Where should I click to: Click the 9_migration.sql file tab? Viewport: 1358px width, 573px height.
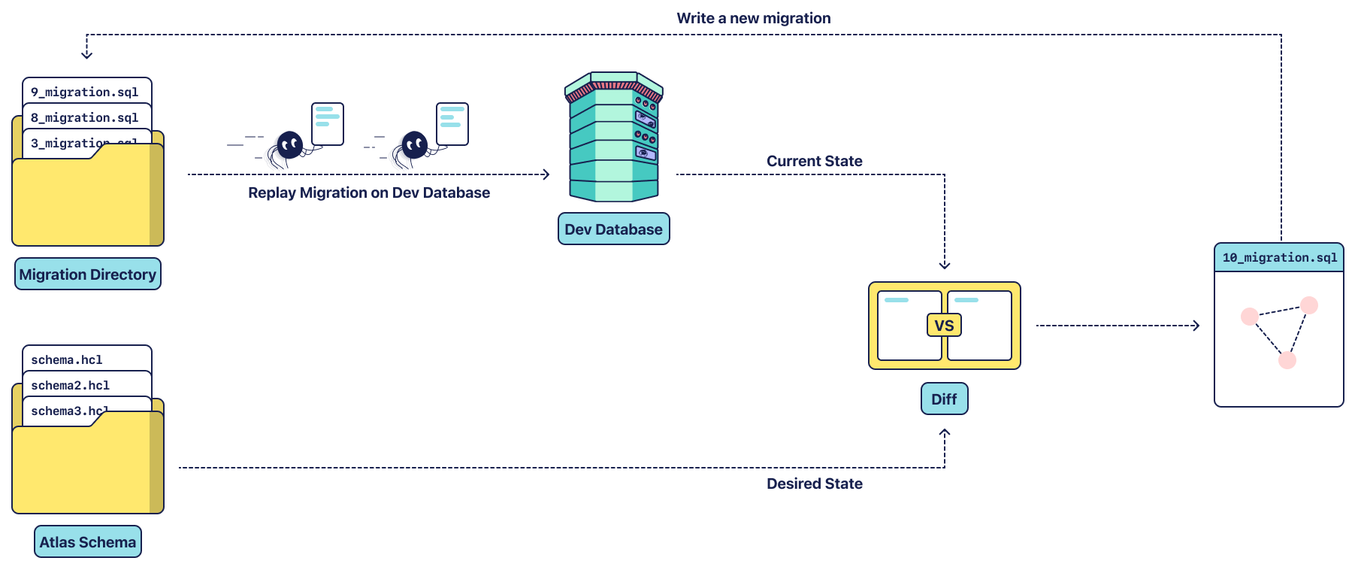pyautogui.click(x=85, y=92)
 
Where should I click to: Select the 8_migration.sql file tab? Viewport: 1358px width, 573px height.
pyautogui.click(x=85, y=117)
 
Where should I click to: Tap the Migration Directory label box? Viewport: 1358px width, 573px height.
pyautogui.click(x=88, y=274)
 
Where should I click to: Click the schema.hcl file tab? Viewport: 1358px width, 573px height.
pyautogui.click(x=67, y=359)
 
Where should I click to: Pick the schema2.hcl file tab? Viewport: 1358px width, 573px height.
pyautogui.click(x=71, y=385)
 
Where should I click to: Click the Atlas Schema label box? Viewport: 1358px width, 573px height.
pyautogui.click(x=88, y=542)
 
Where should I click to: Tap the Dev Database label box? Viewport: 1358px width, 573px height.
pyautogui.click(x=613, y=229)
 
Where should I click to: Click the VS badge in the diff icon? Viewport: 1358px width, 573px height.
pyautogui.click(x=944, y=326)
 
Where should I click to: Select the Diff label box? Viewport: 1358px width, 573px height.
pyautogui.click(x=944, y=399)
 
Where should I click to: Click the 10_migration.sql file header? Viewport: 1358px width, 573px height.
pyautogui.click(x=1279, y=258)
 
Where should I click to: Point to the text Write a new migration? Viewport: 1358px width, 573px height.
pyautogui.click(x=753, y=18)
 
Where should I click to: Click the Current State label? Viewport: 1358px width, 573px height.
pyautogui.click(x=814, y=161)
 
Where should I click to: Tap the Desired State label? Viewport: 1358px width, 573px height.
pyautogui.click(x=814, y=484)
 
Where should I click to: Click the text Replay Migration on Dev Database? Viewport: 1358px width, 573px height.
pyautogui.click(x=369, y=193)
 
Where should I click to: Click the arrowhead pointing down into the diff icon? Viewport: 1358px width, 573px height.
pyautogui.click(x=945, y=265)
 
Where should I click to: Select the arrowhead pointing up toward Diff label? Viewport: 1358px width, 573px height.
pyautogui.click(x=945, y=432)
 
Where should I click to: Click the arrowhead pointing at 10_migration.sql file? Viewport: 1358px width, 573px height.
pyautogui.click(x=1196, y=326)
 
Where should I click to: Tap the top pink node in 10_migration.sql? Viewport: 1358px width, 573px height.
pyautogui.click(x=1309, y=305)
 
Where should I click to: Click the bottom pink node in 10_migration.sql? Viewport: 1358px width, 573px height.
pyautogui.click(x=1287, y=360)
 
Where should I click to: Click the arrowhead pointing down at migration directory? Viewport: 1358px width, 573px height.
pyautogui.click(x=87, y=55)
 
